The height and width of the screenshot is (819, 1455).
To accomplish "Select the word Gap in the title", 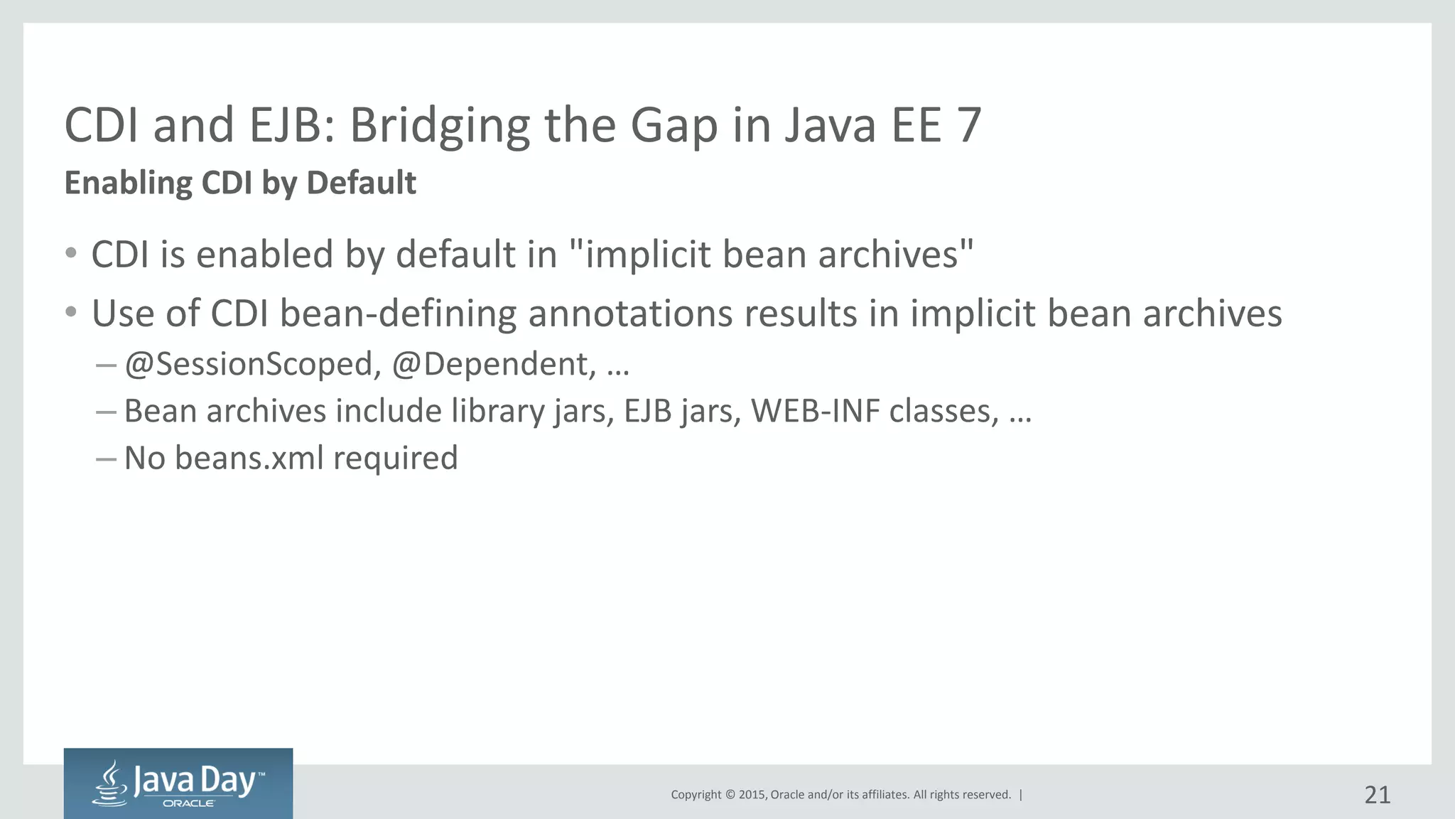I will click(674, 126).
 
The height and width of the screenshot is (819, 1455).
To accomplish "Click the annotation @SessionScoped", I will click(249, 364).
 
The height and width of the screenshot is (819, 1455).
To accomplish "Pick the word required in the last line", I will click(395, 458).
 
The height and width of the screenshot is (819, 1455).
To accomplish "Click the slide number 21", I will click(1377, 795).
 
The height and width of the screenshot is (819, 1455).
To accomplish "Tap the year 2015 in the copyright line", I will click(752, 795).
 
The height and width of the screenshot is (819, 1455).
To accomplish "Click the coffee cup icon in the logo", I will click(111, 784).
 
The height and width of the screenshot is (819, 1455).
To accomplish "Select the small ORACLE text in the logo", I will click(188, 803).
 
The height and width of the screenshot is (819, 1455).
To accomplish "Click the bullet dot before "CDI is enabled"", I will click(70, 253).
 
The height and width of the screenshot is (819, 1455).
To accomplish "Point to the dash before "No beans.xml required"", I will click(105, 459).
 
